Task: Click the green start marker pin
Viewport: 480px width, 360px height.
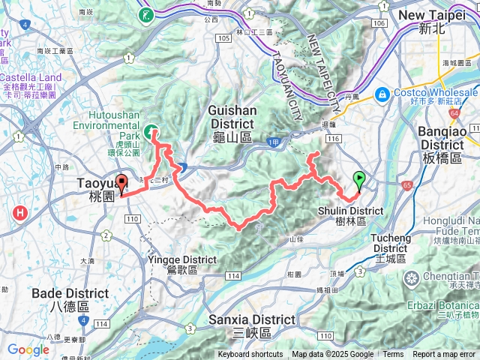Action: (359, 180)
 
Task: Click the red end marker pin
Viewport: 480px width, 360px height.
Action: (121, 183)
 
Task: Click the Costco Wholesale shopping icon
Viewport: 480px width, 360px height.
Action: (382, 94)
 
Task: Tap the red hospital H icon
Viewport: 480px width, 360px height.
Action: (20, 214)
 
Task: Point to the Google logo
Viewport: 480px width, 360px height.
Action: (28, 349)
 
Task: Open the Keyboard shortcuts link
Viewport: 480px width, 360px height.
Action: (250, 355)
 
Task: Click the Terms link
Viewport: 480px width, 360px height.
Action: (392, 355)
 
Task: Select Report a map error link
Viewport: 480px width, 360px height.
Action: (445, 355)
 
